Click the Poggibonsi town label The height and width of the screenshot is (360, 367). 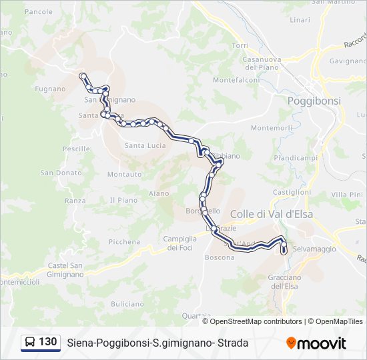click(x=314, y=101)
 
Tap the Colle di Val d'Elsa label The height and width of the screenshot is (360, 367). click(x=271, y=214)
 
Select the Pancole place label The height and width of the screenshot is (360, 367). click(x=38, y=12)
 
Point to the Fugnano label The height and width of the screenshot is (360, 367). click(x=51, y=89)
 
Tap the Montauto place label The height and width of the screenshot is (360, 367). click(x=124, y=175)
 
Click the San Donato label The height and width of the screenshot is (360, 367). click(x=61, y=173)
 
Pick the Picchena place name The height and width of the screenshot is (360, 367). click(x=124, y=242)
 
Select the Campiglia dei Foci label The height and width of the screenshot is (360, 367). click(x=180, y=243)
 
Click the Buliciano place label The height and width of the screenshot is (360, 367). click(x=127, y=304)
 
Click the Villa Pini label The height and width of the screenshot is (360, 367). click(x=347, y=194)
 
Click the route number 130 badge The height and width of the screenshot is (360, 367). click(x=39, y=342)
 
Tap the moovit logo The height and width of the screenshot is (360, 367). click(x=316, y=343)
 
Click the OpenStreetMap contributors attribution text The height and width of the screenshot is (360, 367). click(x=252, y=321)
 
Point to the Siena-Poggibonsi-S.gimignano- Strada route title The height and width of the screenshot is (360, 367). click(x=157, y=343)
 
